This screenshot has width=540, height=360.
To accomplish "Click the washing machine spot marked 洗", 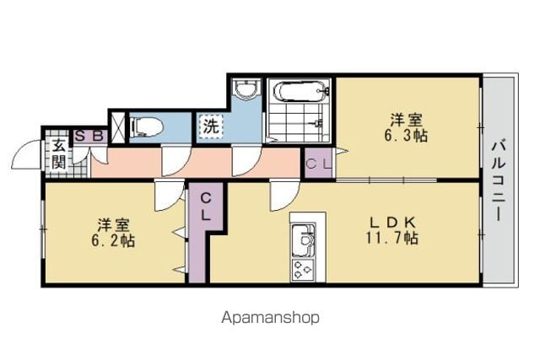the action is tap(211, 127).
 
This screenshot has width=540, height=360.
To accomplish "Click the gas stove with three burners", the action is tap(303, 270).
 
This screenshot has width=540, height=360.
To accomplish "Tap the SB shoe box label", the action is tap(89, 137).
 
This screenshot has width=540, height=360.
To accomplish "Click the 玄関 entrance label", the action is tap(58, 153).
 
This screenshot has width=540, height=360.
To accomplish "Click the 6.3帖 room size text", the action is tap(406, 136).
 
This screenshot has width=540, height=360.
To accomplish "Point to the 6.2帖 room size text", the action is tap(113, 240).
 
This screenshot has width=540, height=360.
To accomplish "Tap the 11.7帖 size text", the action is tap(391, 238).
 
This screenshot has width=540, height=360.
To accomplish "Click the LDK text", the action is tap(392, 223).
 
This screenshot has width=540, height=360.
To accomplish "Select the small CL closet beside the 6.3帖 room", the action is tap(319, 163).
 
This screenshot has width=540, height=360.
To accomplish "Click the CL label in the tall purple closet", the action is tap(206, 207).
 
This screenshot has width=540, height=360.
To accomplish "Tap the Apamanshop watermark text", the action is tap(270, 317).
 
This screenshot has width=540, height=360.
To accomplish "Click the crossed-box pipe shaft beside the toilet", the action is tap(118, 127).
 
